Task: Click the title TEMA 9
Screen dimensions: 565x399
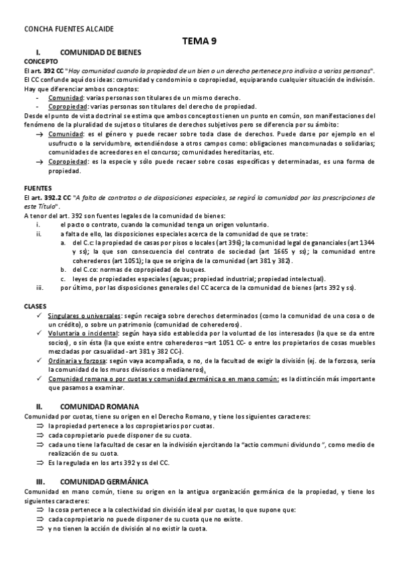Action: pyautogui.click(x=199, y=41)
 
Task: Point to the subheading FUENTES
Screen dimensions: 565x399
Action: pyautogui.click(x=37, y=189)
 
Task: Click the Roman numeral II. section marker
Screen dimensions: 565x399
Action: pyautogui.click(x=39, y=406)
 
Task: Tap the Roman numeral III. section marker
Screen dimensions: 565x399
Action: pyautogui.click(x=40, y=481)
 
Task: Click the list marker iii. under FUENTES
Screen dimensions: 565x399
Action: pyautogui.click(x=39, y=288)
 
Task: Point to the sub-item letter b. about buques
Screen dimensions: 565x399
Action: pyautogui.click(x=63, y=269)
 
